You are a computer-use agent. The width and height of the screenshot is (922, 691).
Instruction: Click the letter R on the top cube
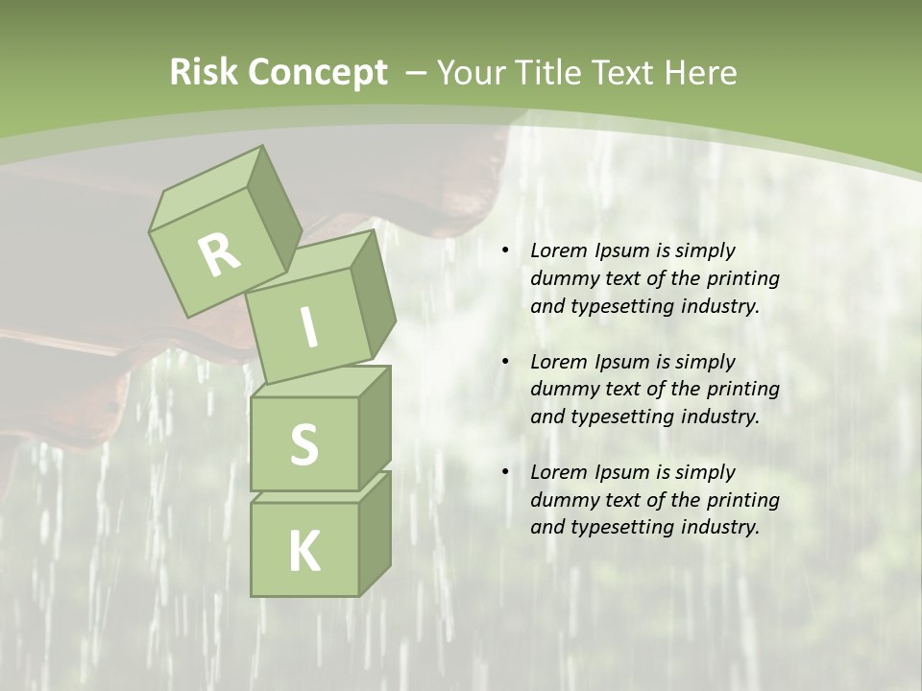pyautogui.click(x=219, y=255)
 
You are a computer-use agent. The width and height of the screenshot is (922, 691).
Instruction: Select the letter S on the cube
pyautogui.click(x=303, y=444)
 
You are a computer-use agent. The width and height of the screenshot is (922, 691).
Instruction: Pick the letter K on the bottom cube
pyautogui.click(x=304, y=552)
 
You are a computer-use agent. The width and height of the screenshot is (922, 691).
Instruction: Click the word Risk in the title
pyautogui.click(x=203, y=73)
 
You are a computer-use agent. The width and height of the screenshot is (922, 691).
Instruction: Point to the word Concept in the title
pyautogui.click(x=317, y=73)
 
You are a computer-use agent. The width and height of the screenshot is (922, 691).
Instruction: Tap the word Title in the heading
pyautogui.click(x=553, y=73)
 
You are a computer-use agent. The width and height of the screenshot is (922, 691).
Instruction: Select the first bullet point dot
pyautogui.click(x=504, y=250)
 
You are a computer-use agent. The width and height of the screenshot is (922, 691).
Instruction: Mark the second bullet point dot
pyautogui.click(x=504, y=362)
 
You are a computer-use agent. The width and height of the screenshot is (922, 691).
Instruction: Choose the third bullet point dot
pyautogui.click(x=504, y=472)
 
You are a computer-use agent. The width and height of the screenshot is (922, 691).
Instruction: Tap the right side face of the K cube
pyautogui.click(x=375, y=534)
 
